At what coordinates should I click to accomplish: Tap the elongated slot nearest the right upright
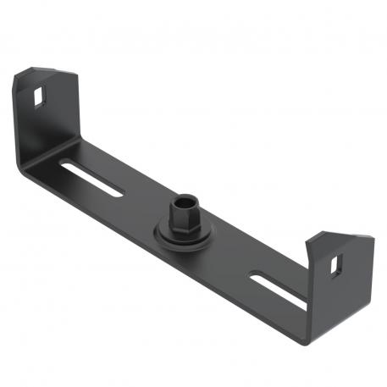pyautogui.click(x=278, y=286)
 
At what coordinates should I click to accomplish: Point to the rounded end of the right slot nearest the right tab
pyautogui.click(x=301, y=299)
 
